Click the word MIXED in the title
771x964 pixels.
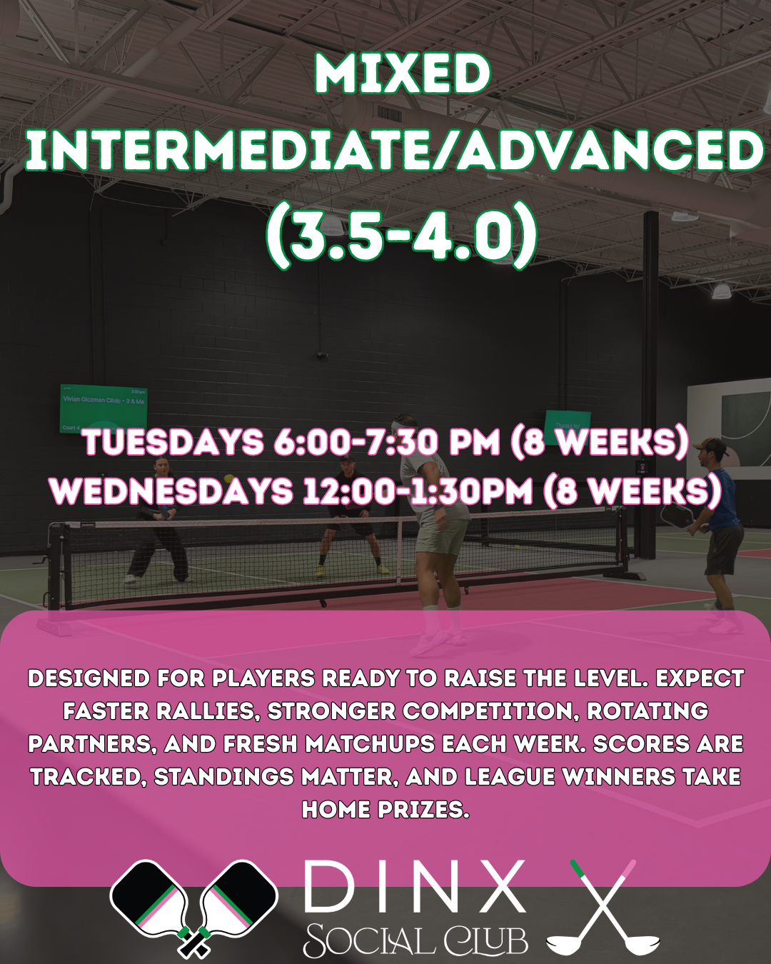[x=403, y=74]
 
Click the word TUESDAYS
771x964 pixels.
[x=173, y=441]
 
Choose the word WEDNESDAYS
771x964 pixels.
[x=171, y=491]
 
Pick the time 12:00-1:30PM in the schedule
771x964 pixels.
[x=418, y=491]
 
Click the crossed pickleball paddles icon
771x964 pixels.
[x=194, y=909]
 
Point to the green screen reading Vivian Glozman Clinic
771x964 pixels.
[x=104, y=408]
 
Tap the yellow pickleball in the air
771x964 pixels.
[x=229, y=478]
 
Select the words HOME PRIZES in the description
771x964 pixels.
[x=385, y=809]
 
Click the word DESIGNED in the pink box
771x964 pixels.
[x=89, y=678]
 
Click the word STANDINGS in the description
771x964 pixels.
[x=223, y=776]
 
